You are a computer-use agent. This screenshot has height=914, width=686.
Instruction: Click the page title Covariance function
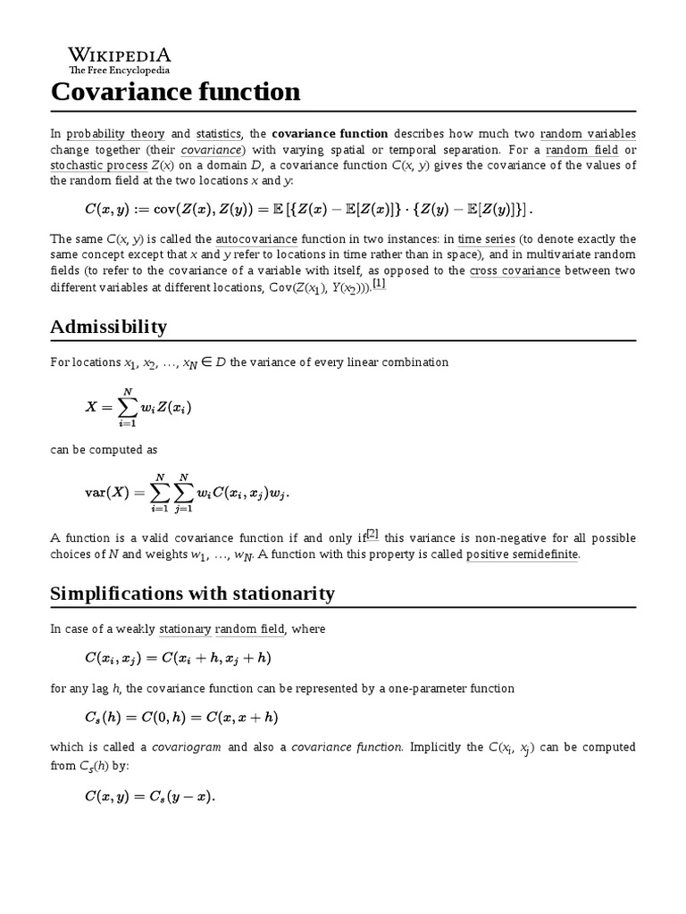[176, 91]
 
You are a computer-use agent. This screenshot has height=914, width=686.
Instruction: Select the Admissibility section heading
[109, 327]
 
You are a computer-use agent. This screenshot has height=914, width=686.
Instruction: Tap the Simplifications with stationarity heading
[192, 594]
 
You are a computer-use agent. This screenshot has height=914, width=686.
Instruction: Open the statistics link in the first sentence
[218, 133]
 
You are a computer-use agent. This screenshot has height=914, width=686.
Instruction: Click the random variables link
[588, 133]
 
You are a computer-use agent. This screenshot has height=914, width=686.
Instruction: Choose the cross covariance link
[515, 270]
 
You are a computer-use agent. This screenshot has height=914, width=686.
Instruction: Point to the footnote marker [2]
[372, 535]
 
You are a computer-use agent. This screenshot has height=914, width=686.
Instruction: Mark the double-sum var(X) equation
[188, 493]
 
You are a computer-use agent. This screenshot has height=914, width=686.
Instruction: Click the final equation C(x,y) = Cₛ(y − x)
[150, 797]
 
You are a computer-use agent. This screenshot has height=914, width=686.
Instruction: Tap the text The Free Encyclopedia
[119, 70]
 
